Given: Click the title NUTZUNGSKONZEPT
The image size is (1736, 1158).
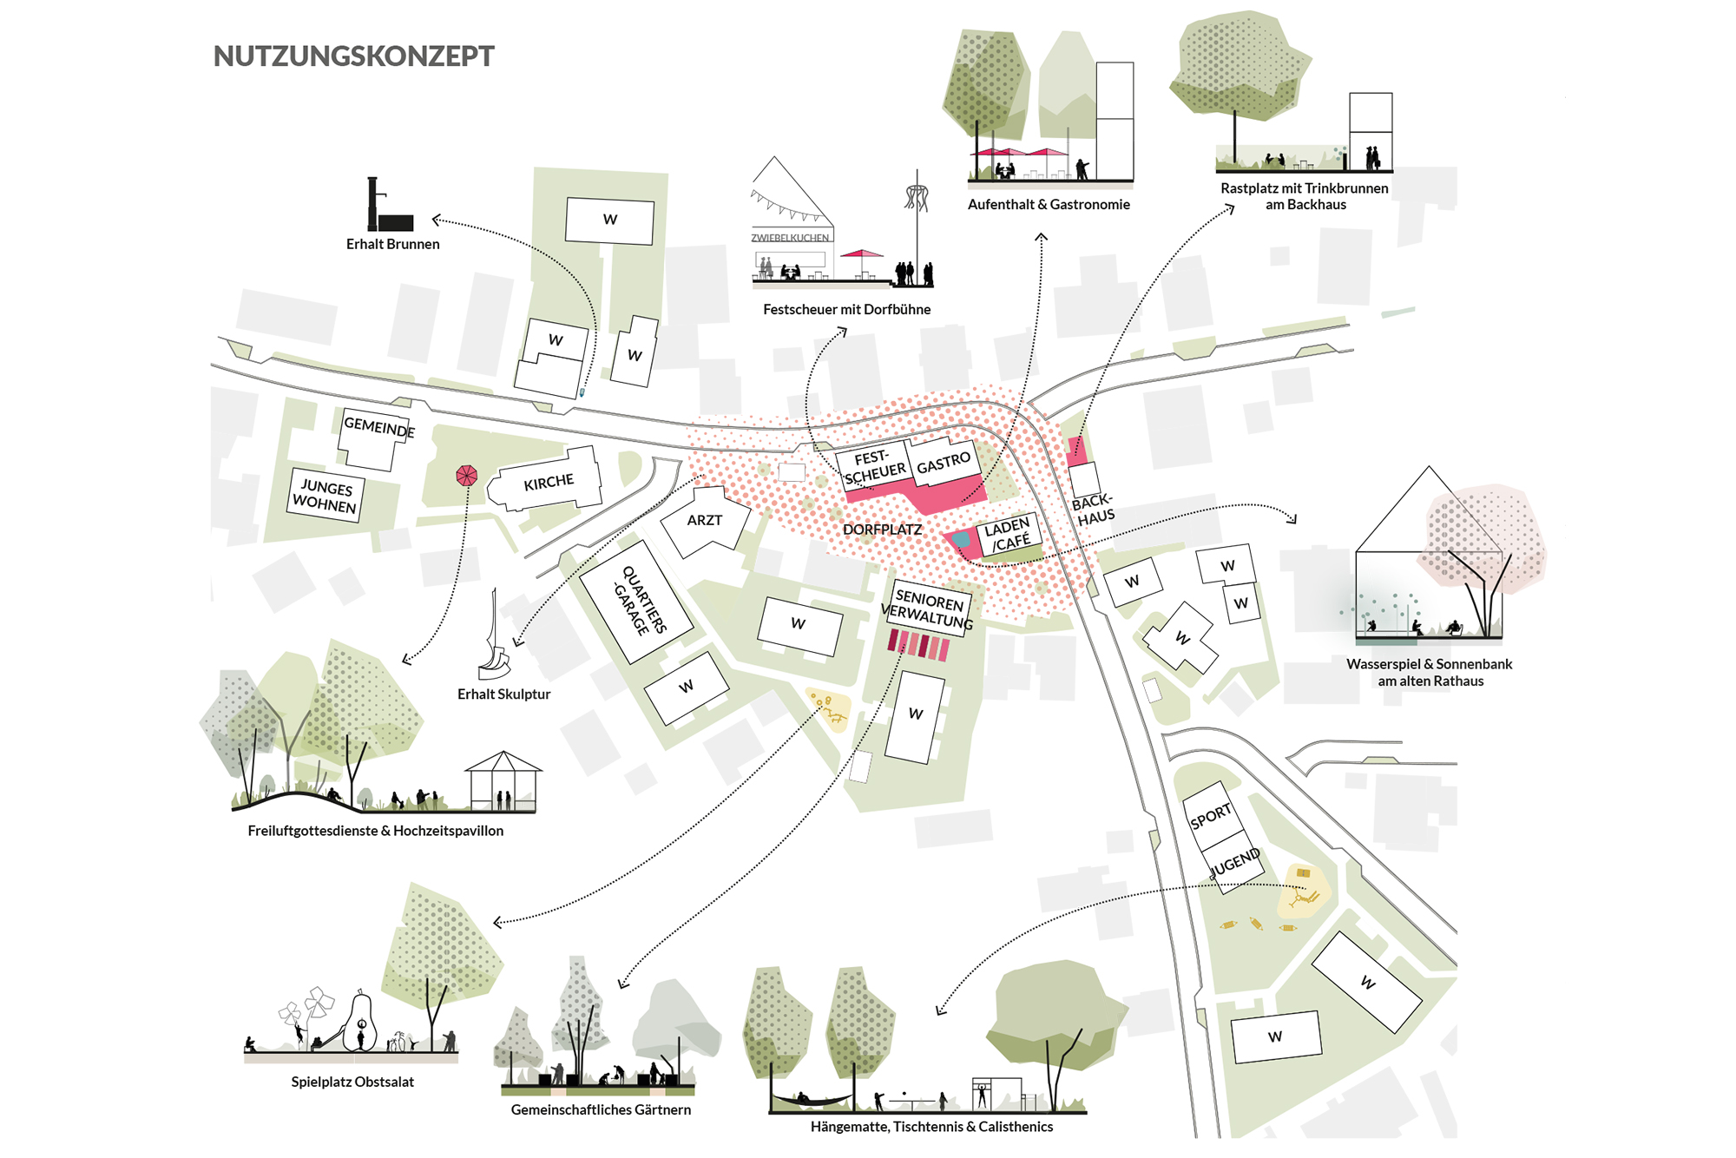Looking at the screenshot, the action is click(354, 56).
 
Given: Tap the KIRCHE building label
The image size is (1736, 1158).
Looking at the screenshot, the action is click(549, 483).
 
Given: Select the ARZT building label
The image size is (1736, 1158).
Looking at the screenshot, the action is click(705, 520).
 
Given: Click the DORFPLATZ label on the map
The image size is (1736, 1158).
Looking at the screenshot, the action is click(882, 530).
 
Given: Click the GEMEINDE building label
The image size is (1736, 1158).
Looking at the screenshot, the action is click(379, 427).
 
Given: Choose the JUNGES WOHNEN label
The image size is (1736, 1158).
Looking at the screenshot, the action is click(325, 496).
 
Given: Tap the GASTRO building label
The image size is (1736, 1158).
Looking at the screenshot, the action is click(944, 463).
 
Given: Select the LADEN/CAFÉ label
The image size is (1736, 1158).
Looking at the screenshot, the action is click(1008, 535).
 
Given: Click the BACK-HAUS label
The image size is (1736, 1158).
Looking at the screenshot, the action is click(1093, 510).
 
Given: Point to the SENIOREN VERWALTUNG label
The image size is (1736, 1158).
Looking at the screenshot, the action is click(928, 609).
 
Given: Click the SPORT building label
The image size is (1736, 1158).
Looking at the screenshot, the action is click(1211, 815).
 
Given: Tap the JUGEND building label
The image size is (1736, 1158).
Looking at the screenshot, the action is click(1235, 863).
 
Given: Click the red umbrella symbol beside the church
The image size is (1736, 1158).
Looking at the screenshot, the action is click(467, 475).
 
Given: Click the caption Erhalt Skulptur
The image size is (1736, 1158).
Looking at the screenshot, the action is click(503, 694).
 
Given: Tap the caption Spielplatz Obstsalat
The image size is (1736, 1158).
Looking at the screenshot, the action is click(352, 1082).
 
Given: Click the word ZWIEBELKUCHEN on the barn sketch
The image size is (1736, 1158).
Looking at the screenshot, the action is click(790, 238).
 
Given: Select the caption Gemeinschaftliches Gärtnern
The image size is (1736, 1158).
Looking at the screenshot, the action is click(601, 1110).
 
